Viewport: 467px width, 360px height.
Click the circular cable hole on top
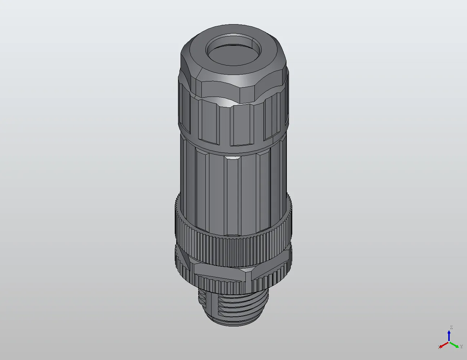(x=233, y=50)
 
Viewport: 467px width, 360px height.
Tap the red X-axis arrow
(x=444, y=345)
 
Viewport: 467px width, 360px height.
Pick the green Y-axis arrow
(x=455, y=345)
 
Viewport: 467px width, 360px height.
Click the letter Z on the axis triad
(x=451, y=327)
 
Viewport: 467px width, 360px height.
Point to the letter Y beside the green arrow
(x=461, y=347)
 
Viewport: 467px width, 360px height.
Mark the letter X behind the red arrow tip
(x=439, y=347)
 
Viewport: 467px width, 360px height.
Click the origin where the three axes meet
(x=449, y=342)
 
